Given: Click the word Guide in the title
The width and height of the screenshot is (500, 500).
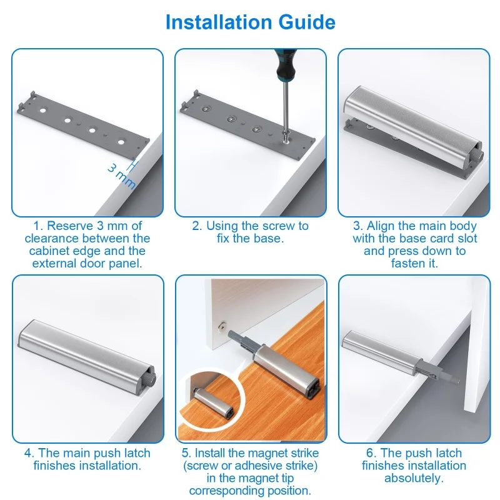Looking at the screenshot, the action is (x=307, y=22).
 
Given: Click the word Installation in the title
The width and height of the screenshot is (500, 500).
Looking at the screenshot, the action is (x=219, y=22).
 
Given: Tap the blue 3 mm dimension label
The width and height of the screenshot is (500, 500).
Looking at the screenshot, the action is (x=121, y=176).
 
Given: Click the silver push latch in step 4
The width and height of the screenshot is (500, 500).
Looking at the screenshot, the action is (x=87, y=356).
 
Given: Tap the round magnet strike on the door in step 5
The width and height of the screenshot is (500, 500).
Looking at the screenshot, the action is (x=222, y=326).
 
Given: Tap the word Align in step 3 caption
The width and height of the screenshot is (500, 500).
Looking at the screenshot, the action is (x=381, y=226).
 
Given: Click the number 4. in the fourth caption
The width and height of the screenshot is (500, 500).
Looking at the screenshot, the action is (x=29, y=453).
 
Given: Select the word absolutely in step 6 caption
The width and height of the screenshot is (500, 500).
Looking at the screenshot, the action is (x=414, y=478).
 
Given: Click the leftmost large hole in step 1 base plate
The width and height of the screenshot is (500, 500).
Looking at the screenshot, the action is (x=42, y=111).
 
